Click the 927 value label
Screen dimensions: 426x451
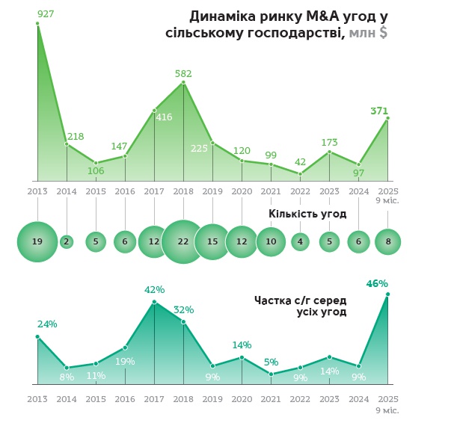46,13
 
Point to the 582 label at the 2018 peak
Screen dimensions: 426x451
183,74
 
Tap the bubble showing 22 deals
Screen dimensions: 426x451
183,241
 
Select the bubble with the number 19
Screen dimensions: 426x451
37,241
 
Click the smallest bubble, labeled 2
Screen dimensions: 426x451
67,241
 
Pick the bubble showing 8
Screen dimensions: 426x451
387,241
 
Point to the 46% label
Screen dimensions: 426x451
377,284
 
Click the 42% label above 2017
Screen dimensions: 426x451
154,290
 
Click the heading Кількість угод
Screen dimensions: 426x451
307,214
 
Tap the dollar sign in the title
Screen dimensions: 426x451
383,33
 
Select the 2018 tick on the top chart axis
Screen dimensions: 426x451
183,191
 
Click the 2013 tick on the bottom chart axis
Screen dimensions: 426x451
37,399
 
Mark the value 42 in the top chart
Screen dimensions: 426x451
300,162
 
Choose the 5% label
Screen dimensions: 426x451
271,362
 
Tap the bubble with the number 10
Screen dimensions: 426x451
271,241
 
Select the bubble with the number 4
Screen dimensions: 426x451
300,241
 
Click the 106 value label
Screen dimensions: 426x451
96,170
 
